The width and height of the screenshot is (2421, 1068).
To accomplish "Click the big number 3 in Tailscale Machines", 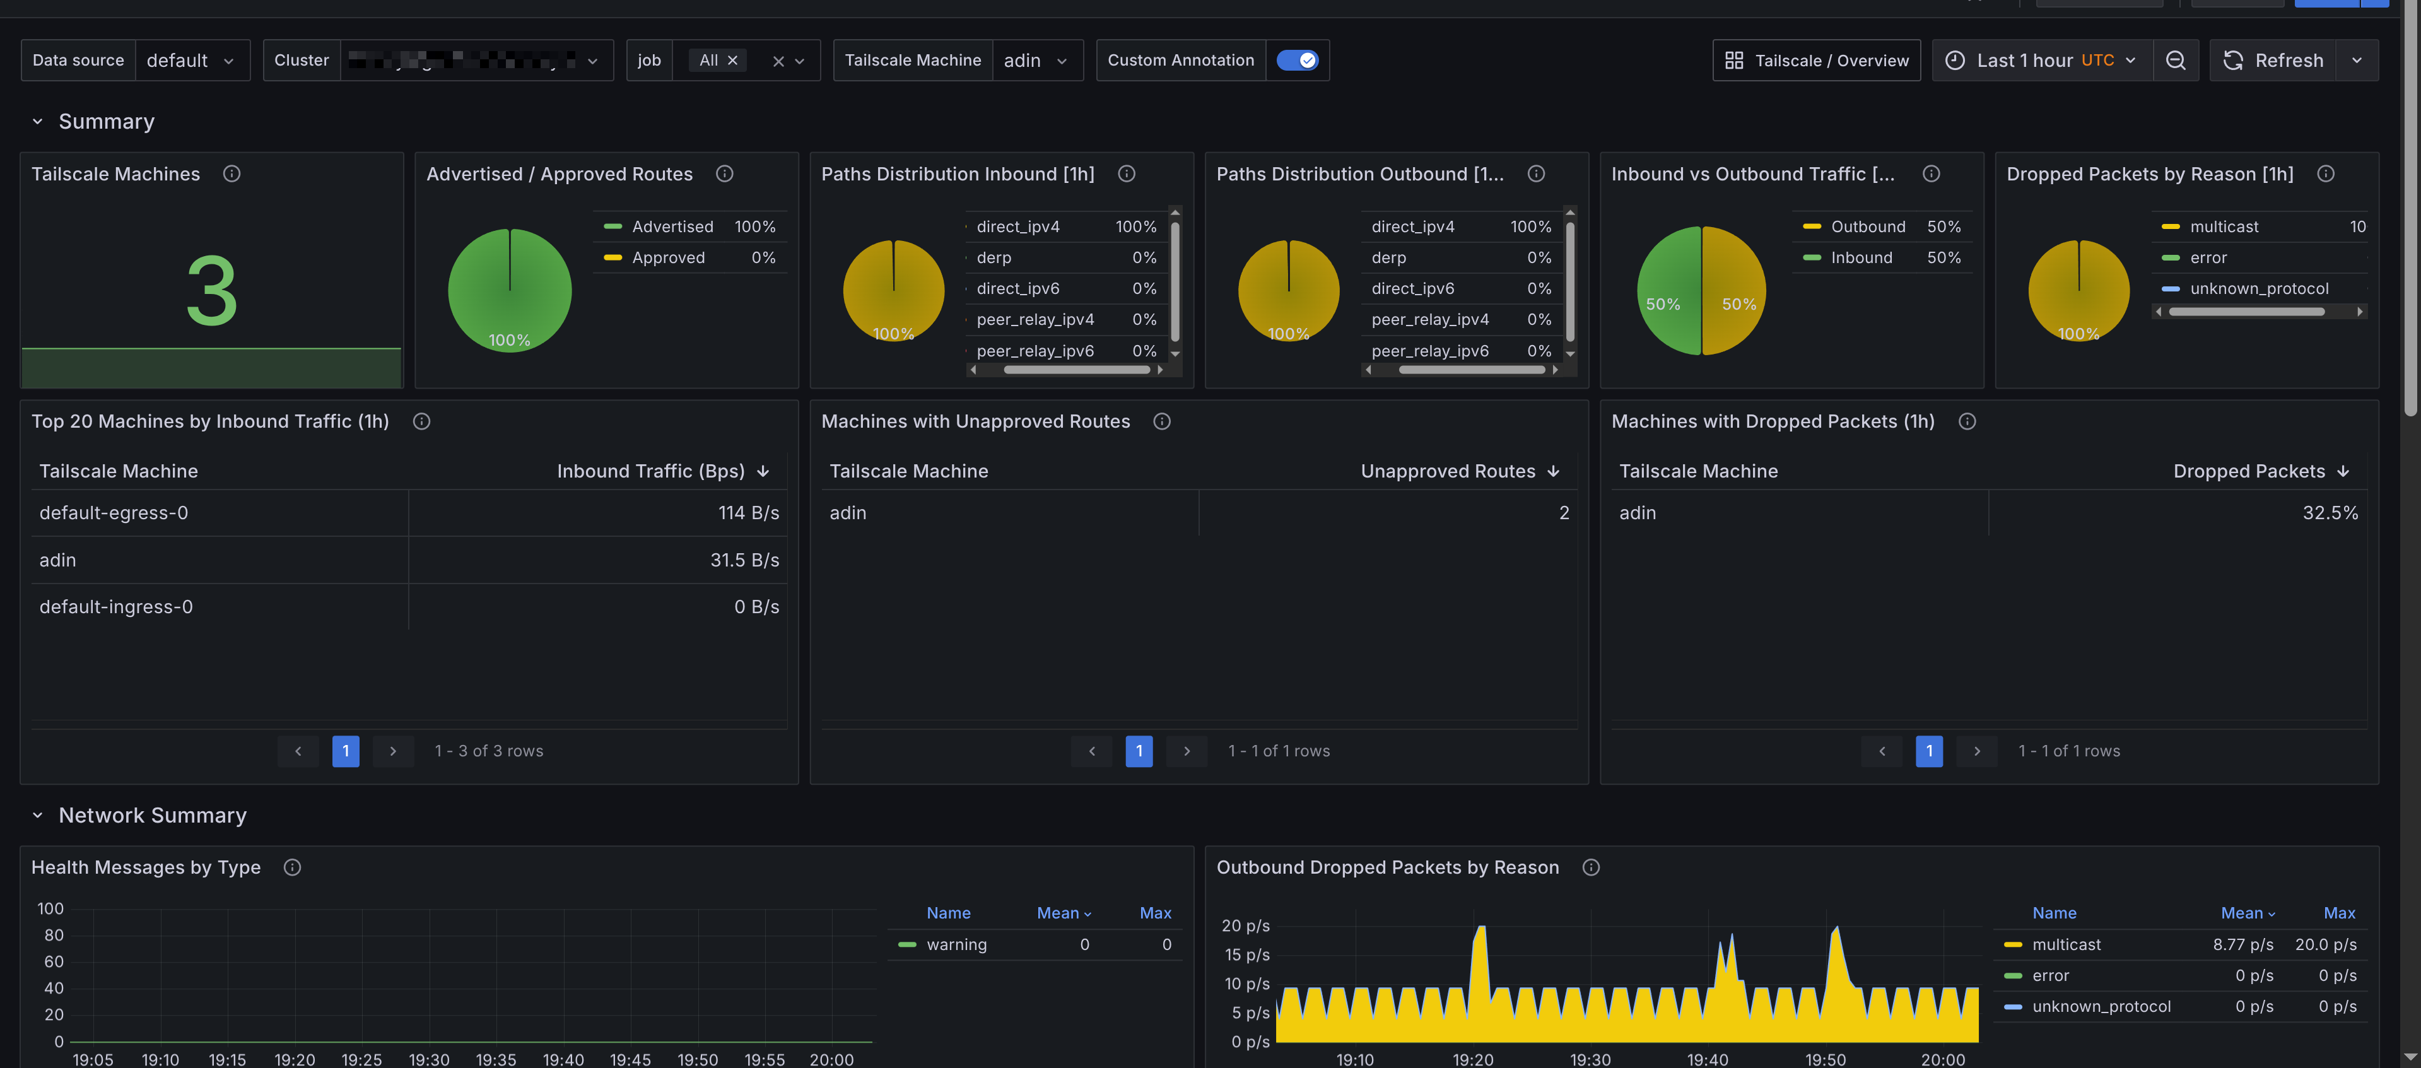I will (211, 291).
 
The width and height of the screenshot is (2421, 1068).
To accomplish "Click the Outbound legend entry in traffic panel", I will (1867, 226).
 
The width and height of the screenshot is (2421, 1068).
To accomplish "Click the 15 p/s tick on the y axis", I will (1246, 955).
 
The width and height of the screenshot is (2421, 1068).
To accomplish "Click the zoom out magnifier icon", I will (2176, 60).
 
